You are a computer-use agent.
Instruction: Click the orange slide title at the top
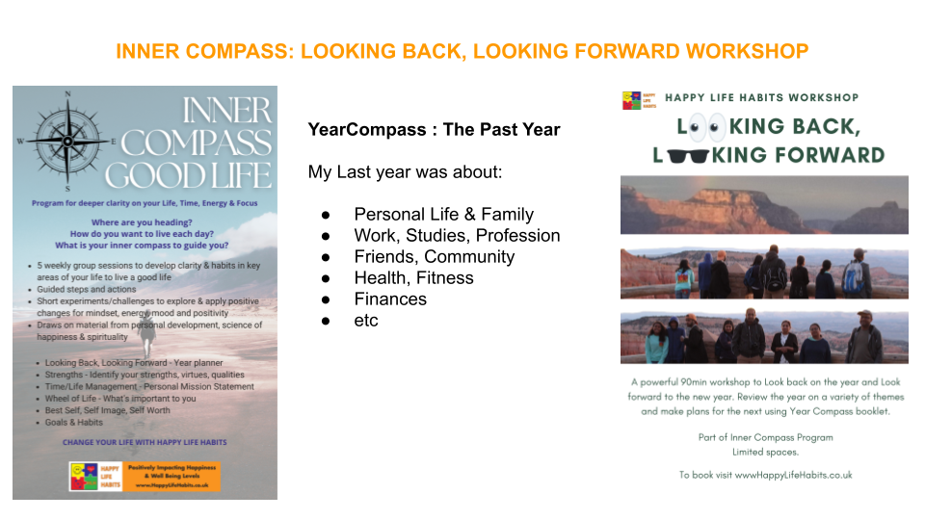(462, 51)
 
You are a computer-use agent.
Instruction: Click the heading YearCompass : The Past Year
(434, 129)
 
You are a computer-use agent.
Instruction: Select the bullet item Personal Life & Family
(443, 214)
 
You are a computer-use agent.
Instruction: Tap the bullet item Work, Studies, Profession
(457, 235)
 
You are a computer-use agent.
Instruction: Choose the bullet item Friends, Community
(434, 256)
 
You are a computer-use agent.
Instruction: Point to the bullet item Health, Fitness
(413, 277)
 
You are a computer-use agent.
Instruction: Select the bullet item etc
(366, 320)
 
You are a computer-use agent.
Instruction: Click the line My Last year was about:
(404, 171)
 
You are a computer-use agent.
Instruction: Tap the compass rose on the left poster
(67, 141)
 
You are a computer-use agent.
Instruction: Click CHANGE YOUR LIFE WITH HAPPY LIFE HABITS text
(145, 442)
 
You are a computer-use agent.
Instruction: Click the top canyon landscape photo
(764, 204)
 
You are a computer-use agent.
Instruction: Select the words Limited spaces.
(765, 453)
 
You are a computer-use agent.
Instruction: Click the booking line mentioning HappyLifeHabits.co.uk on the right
(765, 475)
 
